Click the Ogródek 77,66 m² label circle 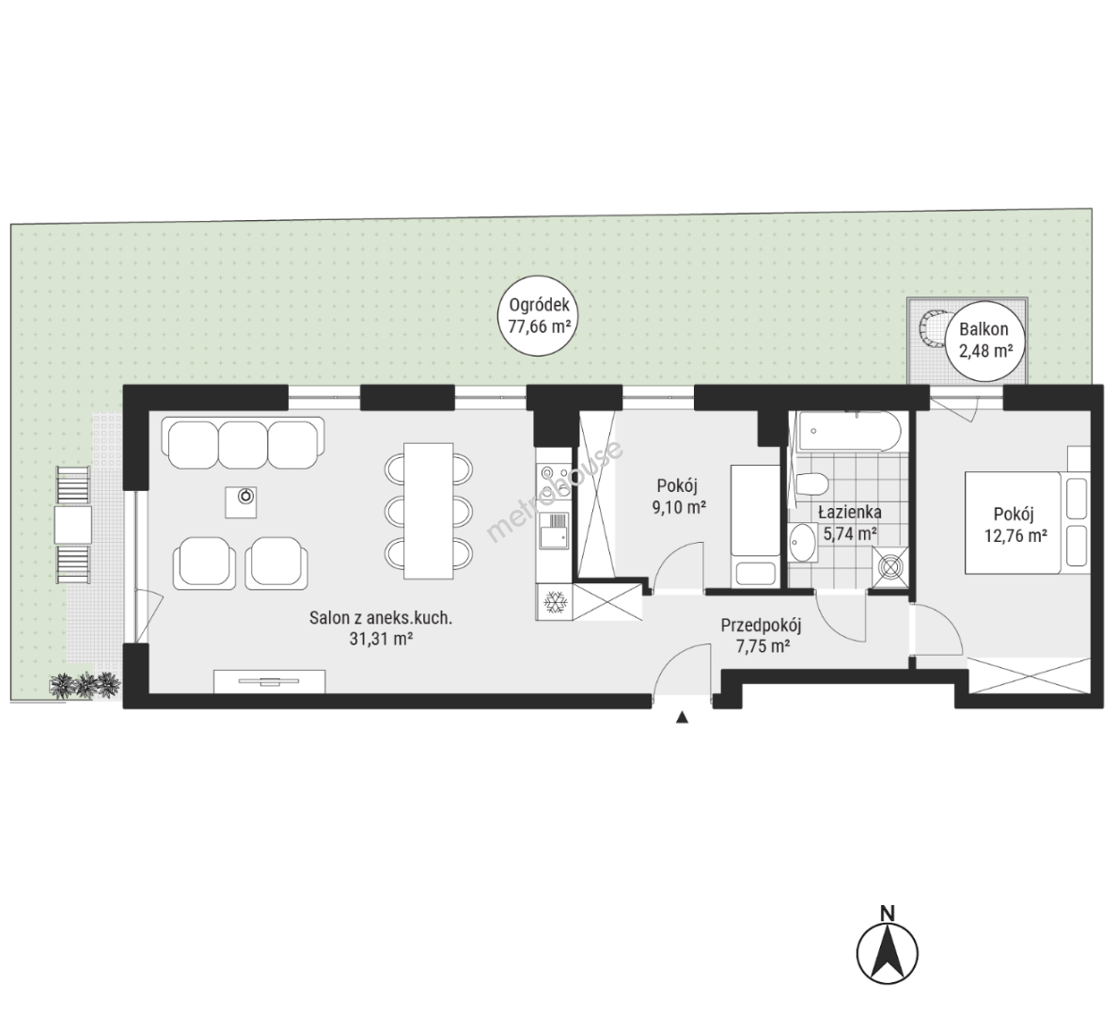click(539, 316)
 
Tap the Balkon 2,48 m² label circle click(983, 341)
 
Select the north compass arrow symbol click(887, 953)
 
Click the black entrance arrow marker click(682, 718)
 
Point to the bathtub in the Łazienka click(850, 432)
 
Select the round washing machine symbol click(890, 567)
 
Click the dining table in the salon click(429, 511)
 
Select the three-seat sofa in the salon click(243, 443)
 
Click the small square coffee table click(241, 501)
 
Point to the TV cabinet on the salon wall click(270, 681)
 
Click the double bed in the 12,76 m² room click(1027, 522)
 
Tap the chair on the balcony click(930, 328)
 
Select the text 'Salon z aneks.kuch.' click(381, 617)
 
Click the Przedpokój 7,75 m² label click(761, 636)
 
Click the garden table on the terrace click(73, 526)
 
